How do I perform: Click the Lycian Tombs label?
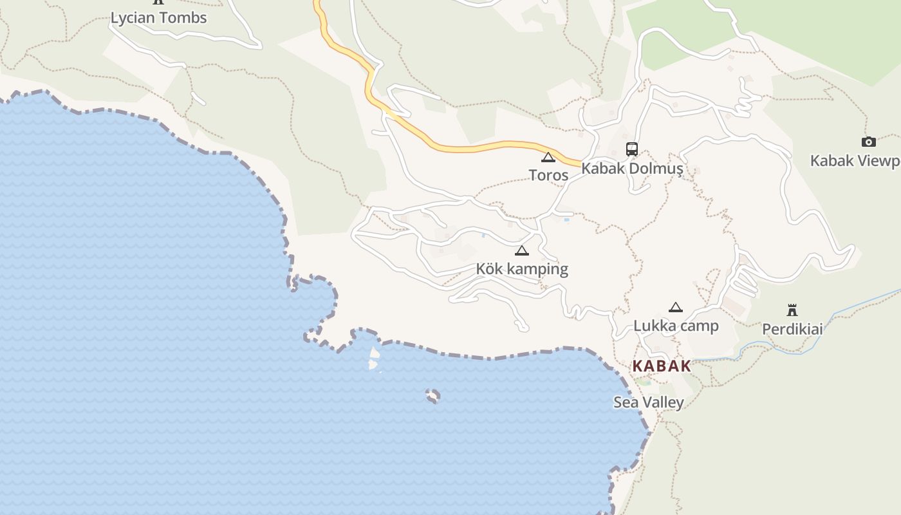click(159, 18)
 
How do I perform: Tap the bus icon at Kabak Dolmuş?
click(632, 149)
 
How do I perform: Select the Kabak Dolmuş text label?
click(632, 169)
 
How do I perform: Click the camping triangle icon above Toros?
click(548, 157)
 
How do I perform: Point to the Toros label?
click(548, 175)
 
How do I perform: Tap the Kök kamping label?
click(522, 269)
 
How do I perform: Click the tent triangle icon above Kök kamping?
click(522, 250)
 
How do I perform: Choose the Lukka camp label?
click(676, 326)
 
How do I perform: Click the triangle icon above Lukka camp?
click(675, 307)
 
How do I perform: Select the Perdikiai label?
click(792, 330)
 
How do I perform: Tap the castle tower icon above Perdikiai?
click(792, 310)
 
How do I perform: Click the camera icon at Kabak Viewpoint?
click(869, 142)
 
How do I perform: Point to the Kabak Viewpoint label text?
click(855, 161)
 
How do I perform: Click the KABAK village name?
click(662, 366)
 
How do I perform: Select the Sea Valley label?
click(648, 403)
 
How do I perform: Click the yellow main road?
click(476, 148)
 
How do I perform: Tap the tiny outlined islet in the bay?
click(433, 395)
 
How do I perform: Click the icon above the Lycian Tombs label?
click(158, 2)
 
